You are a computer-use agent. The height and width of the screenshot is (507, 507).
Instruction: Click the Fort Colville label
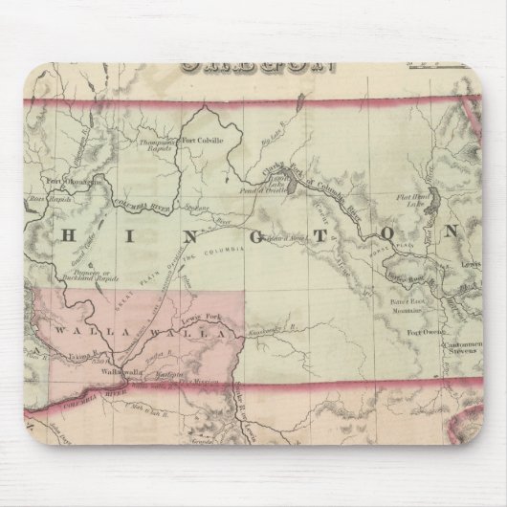[202, 140]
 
